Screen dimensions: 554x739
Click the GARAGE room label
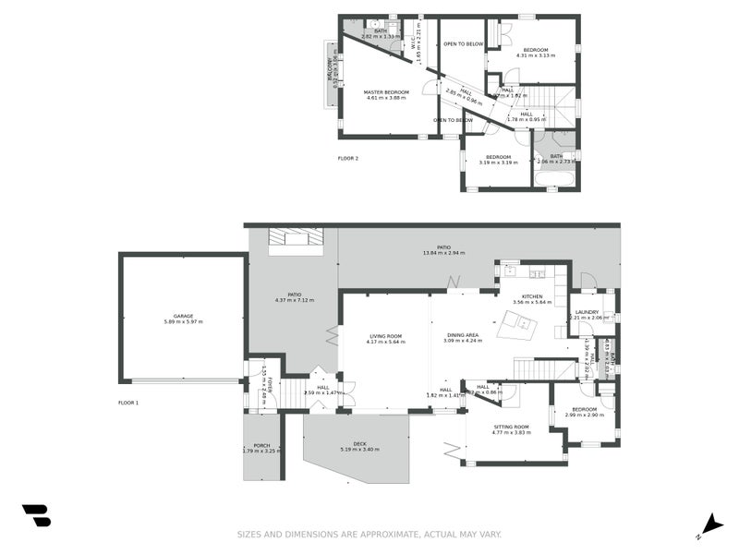click(x=183, y=316)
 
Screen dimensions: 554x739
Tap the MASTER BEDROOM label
click(x=387, y=92)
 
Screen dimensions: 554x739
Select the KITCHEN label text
click(x=538, y=296)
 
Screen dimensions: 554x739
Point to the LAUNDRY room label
click(x=587, y=312)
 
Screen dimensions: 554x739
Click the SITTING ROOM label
click(x=512, y=427)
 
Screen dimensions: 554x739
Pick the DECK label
click(x=359, y=444)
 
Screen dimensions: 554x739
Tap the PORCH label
click(x=261, y=445)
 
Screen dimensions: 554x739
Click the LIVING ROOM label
click(x=385, y=336)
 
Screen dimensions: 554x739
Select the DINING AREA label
click(x=462, y=336)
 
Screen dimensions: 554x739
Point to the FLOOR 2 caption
click(x=347, y=159)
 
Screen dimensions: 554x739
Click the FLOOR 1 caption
click(x=128, y=403)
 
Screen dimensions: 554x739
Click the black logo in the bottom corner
click(x=36, y=515)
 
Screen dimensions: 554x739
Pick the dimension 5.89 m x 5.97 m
click(x=183, y=321)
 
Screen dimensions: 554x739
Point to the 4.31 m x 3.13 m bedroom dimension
click(x=536, y=55)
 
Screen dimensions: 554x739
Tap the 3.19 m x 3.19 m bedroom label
click(x=499, y=163)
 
